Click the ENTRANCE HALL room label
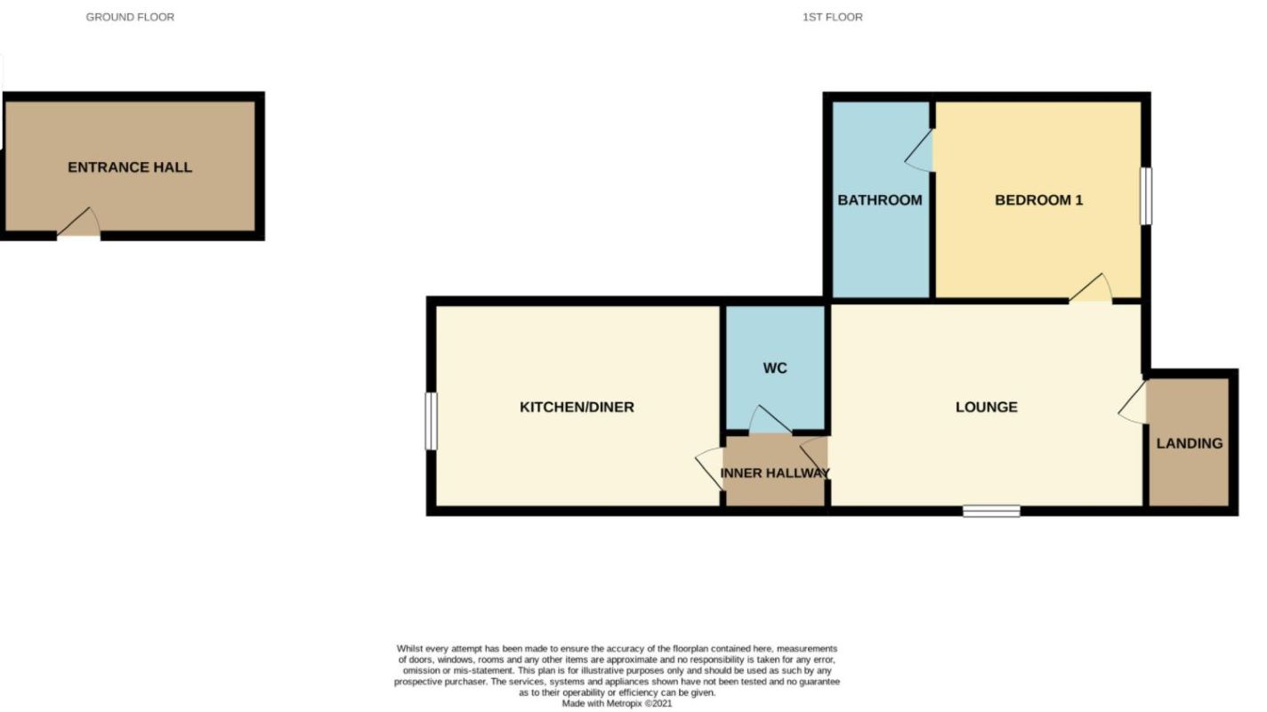pyautogui.click(x=130, y=167)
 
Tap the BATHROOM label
pyautogui.click(x=879, y=200)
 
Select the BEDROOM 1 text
pyautogui.click(x=1038, y=200)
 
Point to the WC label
pyautogui.click(x=775, y=368)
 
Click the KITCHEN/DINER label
pyautogui.click(x=577, y=408)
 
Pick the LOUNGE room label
pyautogui.click(x=986, y=408)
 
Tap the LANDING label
pyautogui.click(x=1189, y=443)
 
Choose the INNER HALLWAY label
pyautogui.click(x=775, y=473)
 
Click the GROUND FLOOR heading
pyautogui.click(x=130, y=17)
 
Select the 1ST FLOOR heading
pyautogui.click(x=832, y=17)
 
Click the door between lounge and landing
pyautogui.click(x=1134, y=402)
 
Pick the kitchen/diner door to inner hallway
pyautogui.click(x=711, y=467)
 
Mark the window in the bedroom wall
pyautogui.click(x=1146, y=196)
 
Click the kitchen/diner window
pyautogui.click(x=431, y=421)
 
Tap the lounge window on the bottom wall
pyautogui.click(x=991, y=511)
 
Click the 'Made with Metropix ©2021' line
pyautogui.click(x=617, y=703)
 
